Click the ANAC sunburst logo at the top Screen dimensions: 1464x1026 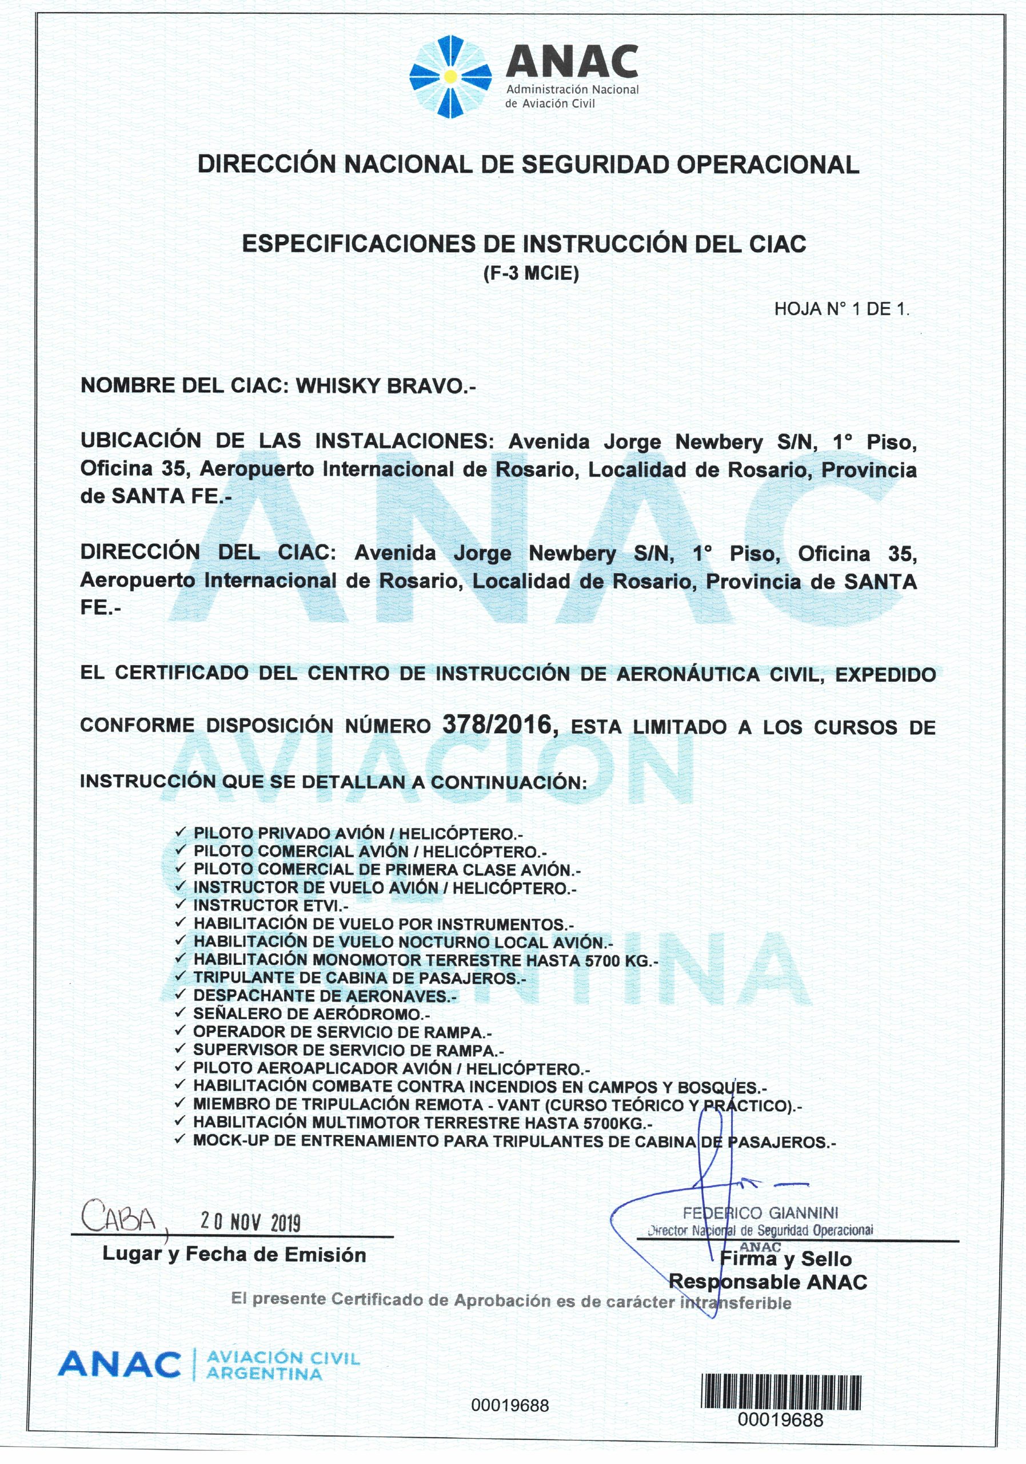coord(450,77)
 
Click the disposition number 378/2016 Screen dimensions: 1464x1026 coord(497,725)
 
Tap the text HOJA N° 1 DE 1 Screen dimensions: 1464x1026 coord(841,309)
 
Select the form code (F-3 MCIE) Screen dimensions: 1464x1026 coord(530,273)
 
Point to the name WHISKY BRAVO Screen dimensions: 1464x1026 coord(386,386)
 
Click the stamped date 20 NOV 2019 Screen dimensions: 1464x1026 coord(250,1222)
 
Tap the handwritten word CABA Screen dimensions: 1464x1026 coord(119,1219)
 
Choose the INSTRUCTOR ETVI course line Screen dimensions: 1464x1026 coord(271,905)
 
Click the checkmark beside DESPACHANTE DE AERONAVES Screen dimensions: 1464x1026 coord(181,994)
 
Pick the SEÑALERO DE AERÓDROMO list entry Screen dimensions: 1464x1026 coord(312,1014)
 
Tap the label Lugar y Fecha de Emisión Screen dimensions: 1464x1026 coord(234,1255)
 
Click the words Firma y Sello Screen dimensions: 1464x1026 coord(785,1259)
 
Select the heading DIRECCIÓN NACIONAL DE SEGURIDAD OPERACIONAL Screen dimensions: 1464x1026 coord(528,165)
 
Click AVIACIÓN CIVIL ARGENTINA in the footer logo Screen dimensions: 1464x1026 coord(283,1366)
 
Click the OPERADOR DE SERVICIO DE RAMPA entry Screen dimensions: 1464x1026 coord(342,1032)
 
